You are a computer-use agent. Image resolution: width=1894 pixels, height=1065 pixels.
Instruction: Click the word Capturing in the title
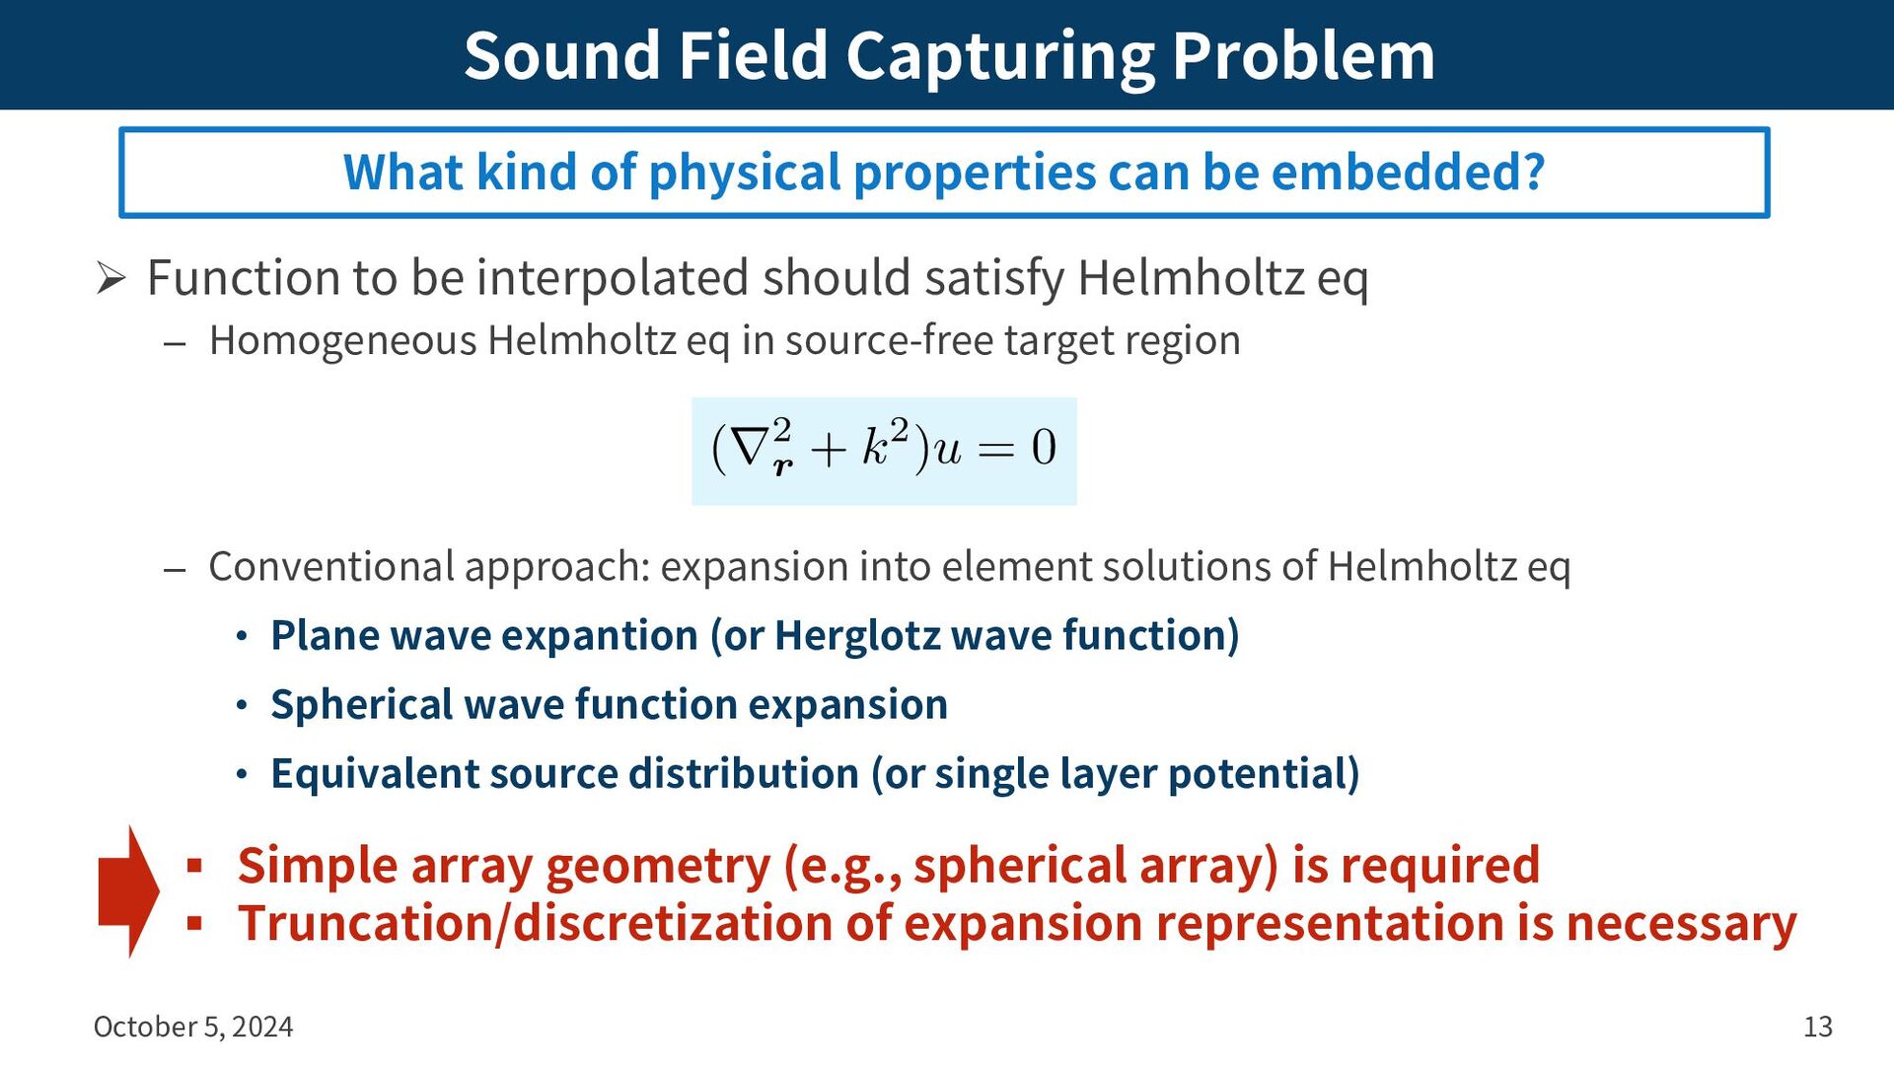coord(999,57)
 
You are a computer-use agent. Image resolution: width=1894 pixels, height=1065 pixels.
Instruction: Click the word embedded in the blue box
coord(1407,172)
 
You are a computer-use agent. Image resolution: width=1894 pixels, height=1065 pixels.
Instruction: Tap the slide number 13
coord(1818,1027)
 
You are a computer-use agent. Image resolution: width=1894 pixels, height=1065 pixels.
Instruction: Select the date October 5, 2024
coord(193,1027)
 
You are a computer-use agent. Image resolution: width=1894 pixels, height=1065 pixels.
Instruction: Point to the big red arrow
coord(128,891)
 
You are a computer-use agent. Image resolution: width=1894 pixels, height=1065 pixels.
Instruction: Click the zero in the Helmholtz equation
coord(1044,448)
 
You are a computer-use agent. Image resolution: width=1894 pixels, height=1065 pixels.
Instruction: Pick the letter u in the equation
coord(947,452)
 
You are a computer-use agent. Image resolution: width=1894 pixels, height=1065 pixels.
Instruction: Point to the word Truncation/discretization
coord(565,924)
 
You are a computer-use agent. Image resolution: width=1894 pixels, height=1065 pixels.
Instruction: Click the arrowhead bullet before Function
coord(110,279)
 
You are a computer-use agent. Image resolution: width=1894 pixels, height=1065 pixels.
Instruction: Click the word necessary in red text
coord(1681,924)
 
